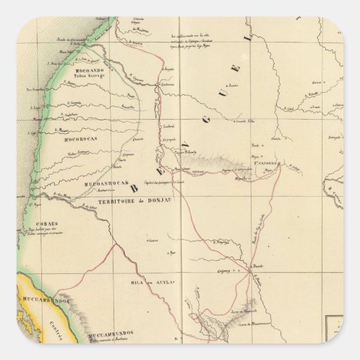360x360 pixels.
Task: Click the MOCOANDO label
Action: coord(87,72)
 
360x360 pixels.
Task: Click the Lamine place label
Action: coord(151,241)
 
